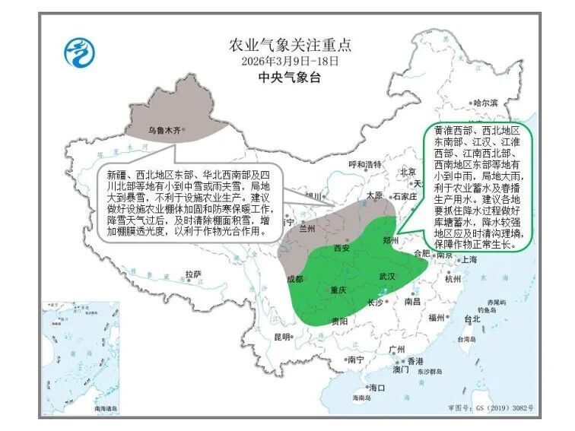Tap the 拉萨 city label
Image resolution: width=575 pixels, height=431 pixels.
(x=193, y=274)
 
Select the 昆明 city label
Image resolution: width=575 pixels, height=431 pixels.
(x=282, y=337)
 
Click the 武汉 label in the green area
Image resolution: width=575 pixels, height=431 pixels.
(x=387, y=277)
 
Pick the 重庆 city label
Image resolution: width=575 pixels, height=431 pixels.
(x=338, y=290)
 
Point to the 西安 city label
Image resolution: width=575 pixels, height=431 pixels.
(x=341, y=249)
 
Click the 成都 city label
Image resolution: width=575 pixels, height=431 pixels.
(x=294, y=279)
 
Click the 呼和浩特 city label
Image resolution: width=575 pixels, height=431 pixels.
(x=363, y=165)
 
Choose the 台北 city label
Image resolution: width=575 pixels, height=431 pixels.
(x=471, y=319)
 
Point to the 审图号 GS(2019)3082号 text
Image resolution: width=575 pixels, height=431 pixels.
(x=491, y=408)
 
